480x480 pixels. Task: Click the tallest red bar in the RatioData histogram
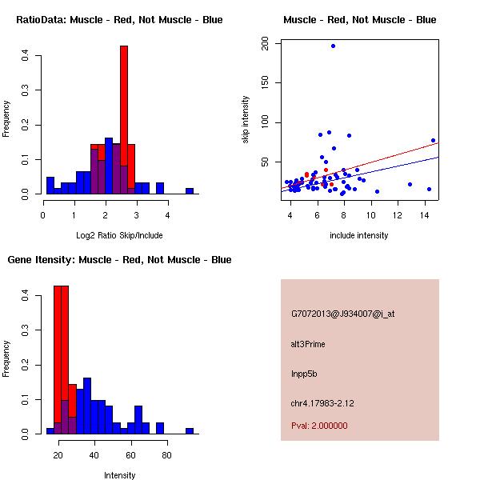click(124, 120)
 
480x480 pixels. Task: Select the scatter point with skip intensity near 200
click(333, 46)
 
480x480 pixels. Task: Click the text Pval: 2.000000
click(319, 426)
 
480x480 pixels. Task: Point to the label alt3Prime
click(308, 344)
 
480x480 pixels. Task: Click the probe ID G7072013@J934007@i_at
click(342, 314)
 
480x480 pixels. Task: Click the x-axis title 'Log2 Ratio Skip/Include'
click(119, 235)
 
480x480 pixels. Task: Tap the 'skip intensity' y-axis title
click(246, 120)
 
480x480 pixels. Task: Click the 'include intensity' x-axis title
click(359, 235)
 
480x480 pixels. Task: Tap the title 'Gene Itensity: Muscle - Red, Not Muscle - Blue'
click(119, 260)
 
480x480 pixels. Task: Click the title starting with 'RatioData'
click(119, 20)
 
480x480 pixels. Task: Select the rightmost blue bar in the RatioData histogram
click(190, 191)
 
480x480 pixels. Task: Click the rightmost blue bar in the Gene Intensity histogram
click(190, 430)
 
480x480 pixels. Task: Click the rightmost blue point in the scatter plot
click(433, 140)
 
